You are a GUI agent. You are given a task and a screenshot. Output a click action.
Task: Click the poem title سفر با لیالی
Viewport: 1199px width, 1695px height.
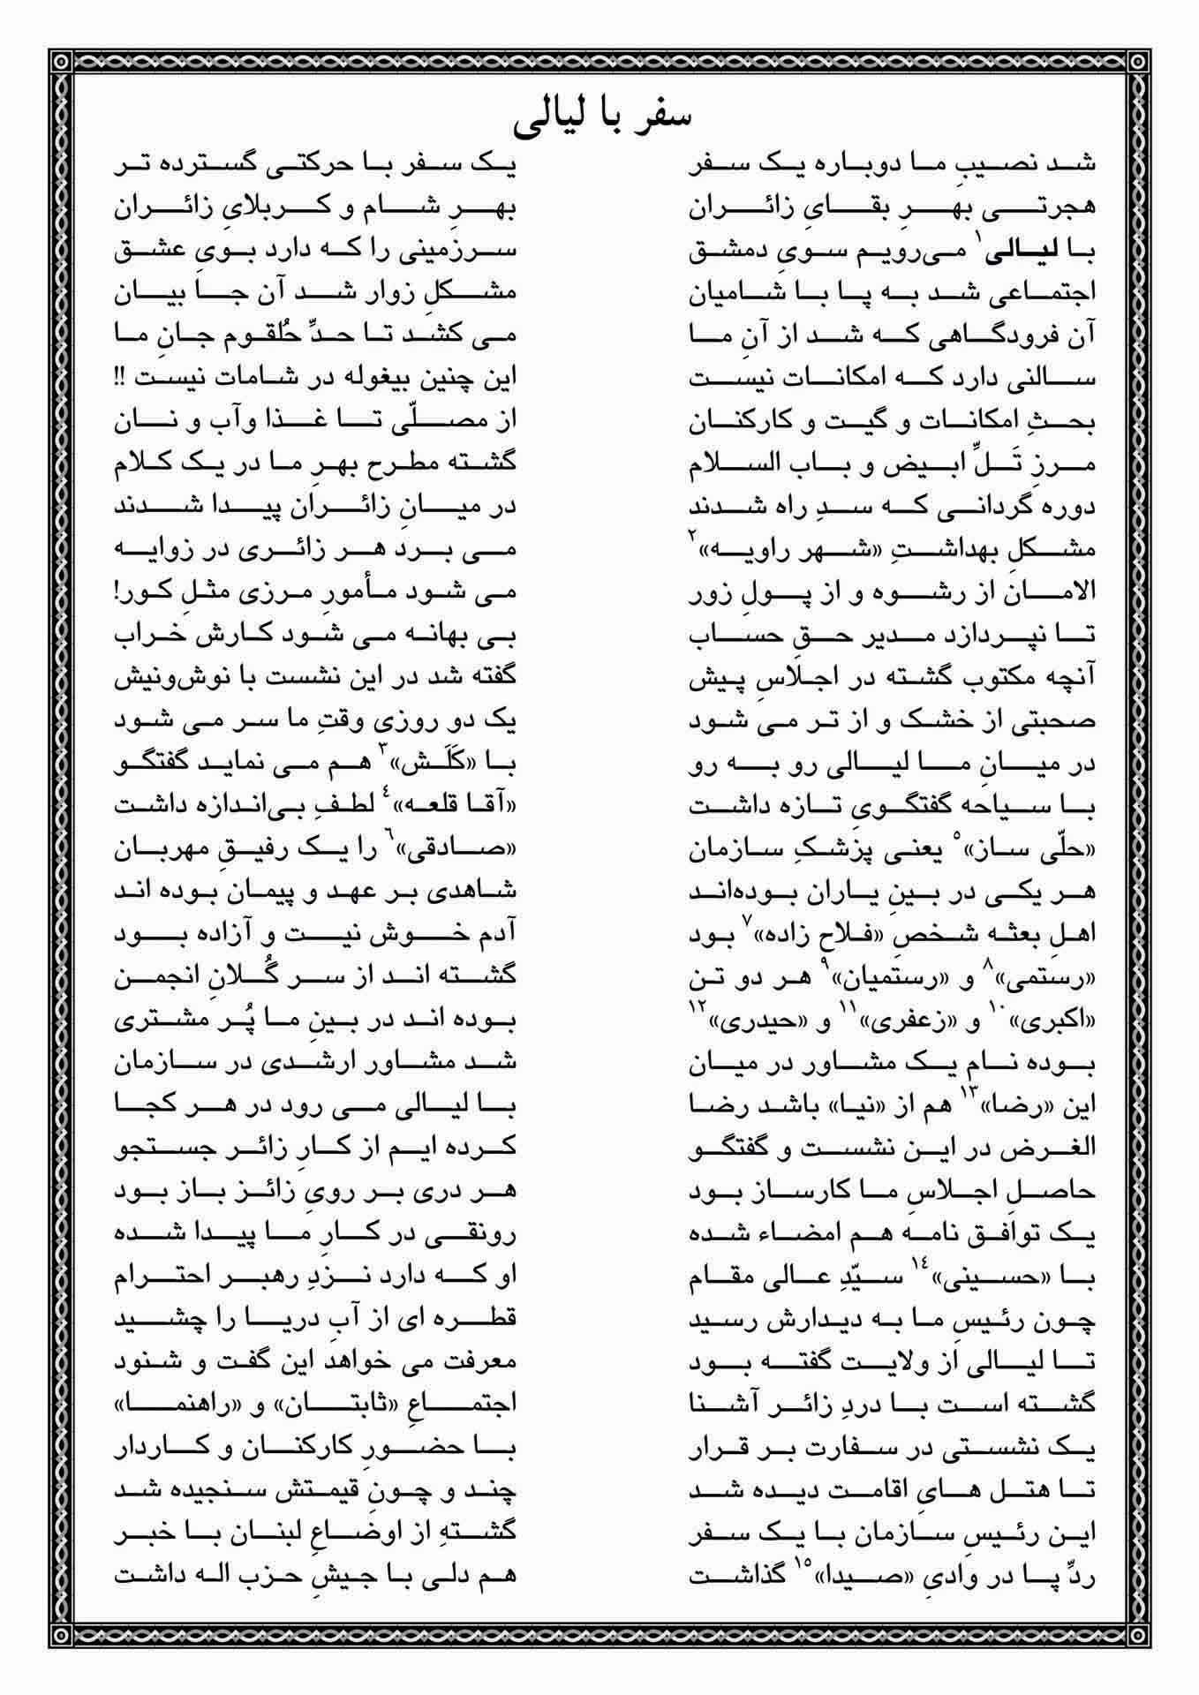coord(601,118)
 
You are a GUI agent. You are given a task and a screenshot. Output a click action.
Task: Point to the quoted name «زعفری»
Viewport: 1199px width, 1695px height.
coord(910,1023)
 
